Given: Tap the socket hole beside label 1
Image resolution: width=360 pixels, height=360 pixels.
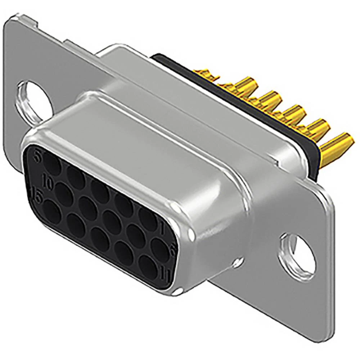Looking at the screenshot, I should [148, 218].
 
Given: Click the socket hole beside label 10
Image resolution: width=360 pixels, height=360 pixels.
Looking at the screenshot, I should [64, 194].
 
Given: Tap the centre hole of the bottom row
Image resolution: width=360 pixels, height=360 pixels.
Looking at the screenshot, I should [100, 239].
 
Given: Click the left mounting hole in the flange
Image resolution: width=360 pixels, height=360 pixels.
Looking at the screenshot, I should [33, 100].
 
